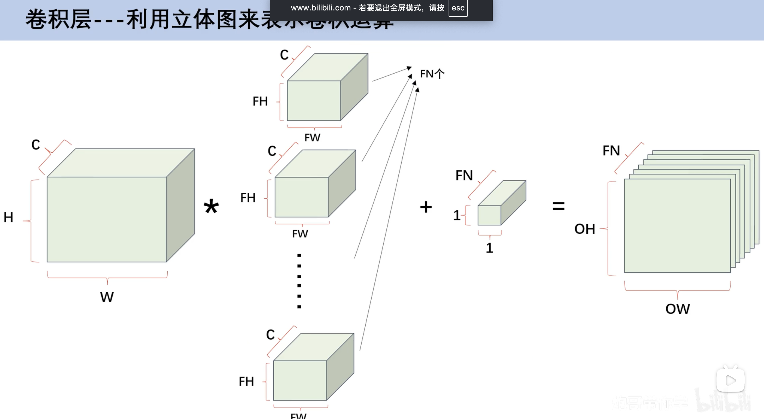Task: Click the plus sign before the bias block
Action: point(426,207)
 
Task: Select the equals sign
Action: point(559,206)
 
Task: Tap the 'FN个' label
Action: point(432,74)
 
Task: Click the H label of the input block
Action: point(8,217)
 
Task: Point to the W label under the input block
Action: point(107,297)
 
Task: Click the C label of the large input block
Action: point(36,145)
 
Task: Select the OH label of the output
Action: point(585,229)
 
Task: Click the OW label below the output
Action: point(677,309)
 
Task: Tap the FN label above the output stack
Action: point(611,151)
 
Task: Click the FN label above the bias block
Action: point(464,175)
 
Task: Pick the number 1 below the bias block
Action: point(489,248)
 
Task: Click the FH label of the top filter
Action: point(260,101)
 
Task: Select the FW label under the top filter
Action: point(312,137)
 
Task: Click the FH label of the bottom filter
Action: point(246,381)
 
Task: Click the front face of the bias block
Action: point(489,215)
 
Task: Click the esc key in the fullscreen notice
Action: point(458,8)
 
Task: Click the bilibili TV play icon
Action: point(730,380)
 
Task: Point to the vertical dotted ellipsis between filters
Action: point(299,281)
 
